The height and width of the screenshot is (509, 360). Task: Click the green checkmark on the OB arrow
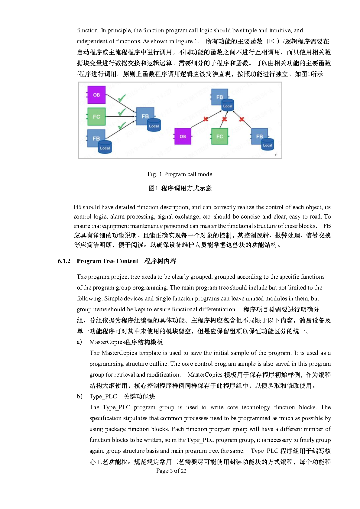(x=122, y=98)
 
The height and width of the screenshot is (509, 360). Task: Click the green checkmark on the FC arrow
(x=122, y=112)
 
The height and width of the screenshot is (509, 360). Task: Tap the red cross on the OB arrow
(x=206, y=119)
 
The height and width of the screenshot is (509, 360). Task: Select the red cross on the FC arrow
(x=224, y=119)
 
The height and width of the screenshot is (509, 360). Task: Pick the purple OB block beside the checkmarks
(x=96, y=95)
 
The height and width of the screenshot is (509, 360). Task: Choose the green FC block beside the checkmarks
(x=96, y=117)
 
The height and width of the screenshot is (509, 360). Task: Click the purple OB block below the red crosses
(x=183, y=136)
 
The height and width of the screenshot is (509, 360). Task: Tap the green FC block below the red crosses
(x=219, y=136)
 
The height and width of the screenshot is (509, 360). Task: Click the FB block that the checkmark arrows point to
(x=145, y=116)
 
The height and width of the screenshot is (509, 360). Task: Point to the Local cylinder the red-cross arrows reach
(x=228, y=105)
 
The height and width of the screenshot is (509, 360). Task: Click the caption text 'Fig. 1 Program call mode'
(x=180, y=174)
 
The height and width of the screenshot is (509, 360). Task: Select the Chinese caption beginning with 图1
(x=180, y=188)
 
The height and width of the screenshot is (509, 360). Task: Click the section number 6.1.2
(x=64, y=261)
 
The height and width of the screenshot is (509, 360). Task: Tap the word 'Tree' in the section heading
(x=109, y=261)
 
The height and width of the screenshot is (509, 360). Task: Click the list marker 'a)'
(x=79, y=342)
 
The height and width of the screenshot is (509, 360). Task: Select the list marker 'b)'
(x=79, y=396)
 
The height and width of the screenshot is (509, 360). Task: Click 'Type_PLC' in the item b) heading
(x=103, y=396)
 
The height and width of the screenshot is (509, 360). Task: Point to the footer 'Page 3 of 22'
(x=171, y=471)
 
